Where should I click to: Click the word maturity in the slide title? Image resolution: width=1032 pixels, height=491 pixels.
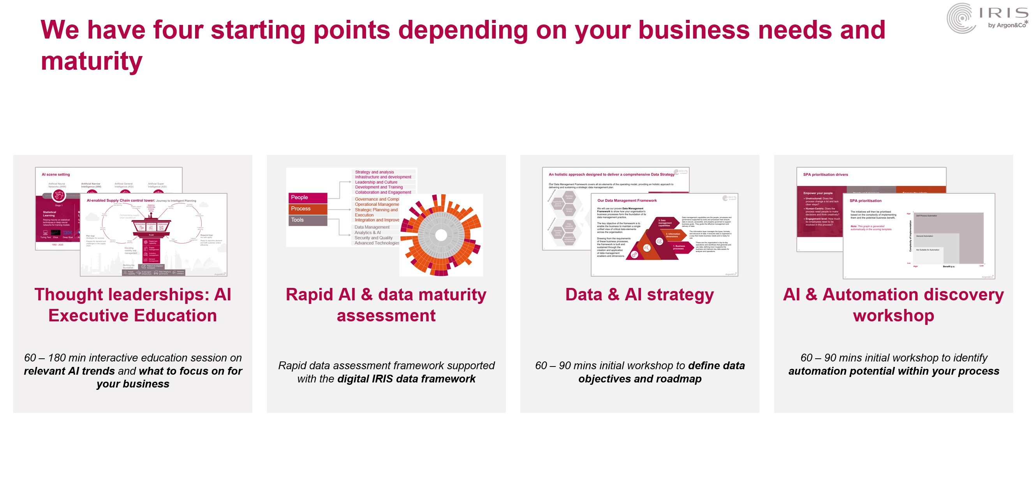92,61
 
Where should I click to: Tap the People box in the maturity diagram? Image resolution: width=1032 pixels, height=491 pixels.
307,197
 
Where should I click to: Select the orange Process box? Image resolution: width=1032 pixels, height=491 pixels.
307,209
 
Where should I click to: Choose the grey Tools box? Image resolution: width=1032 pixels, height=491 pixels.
307,220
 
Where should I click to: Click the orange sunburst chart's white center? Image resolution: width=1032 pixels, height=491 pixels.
441,235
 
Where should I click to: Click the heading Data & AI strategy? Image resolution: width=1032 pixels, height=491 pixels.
639,295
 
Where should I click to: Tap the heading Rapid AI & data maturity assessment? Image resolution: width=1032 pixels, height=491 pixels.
386,305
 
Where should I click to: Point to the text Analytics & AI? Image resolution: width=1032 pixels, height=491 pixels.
367,233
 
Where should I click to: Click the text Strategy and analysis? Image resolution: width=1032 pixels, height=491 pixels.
374,172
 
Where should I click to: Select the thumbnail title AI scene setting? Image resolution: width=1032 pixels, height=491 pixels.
56,174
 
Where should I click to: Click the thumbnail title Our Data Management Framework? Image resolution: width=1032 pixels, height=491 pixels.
627,200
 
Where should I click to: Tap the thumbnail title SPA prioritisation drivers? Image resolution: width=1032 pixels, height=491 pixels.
825,174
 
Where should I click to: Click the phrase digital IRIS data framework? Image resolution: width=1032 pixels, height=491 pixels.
406,379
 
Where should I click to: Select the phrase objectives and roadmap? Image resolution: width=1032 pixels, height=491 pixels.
639,379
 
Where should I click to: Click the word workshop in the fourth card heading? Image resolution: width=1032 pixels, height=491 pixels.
893,316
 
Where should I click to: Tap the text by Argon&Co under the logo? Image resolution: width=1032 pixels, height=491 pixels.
1006,25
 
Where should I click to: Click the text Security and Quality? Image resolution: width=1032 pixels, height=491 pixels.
373,238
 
